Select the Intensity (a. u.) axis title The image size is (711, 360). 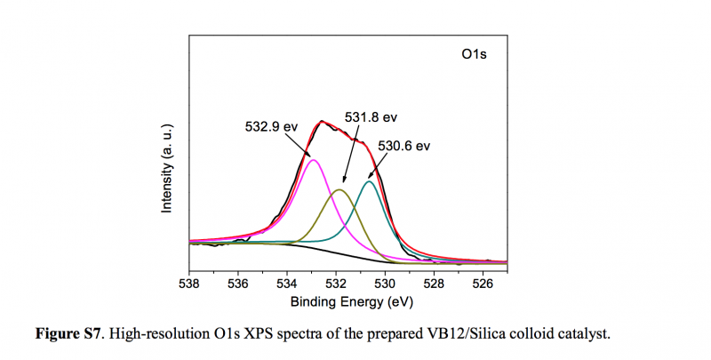[166, 169]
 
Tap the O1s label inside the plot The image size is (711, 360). [474, 55]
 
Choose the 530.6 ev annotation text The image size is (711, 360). [403, 145]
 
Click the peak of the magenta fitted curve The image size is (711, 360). [313, 160]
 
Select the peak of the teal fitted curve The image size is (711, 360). [370, 181]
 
